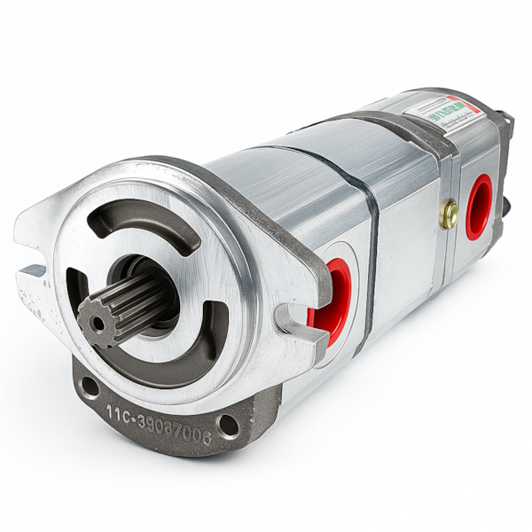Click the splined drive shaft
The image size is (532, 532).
(124, 305)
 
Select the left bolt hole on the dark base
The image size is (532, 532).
(89, 387)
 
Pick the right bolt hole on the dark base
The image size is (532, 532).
(228, 425)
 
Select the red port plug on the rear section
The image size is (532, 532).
(479, 207)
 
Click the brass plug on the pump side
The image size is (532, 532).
(450, 214)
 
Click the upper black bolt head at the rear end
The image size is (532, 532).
(505, 121)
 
